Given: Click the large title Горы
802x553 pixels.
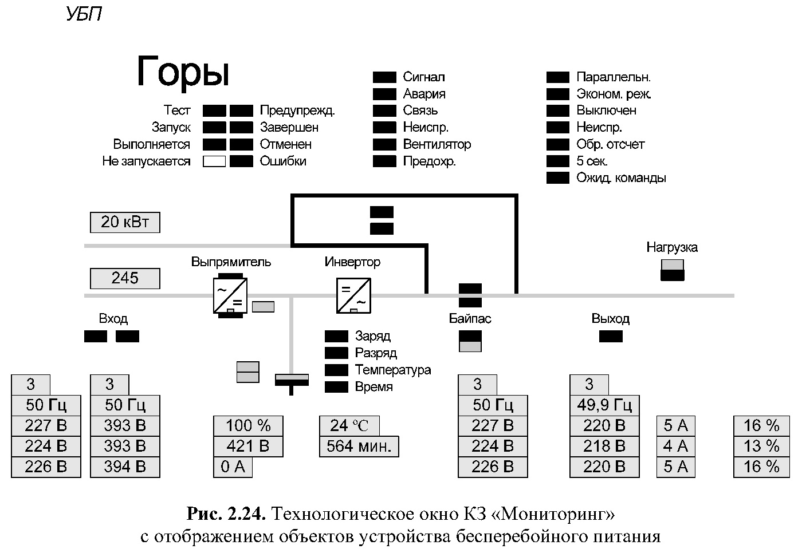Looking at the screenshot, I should click(x=183, y=72).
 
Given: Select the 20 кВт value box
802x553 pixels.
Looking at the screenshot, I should click(x=125, y=222).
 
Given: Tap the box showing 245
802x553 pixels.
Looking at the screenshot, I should click(x=125, y=279).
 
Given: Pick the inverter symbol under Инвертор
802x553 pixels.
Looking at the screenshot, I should click(x=353, y=295).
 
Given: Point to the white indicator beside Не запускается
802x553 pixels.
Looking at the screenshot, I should click(x=214, y=161).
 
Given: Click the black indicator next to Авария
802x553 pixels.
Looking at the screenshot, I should click(x=384, y=94).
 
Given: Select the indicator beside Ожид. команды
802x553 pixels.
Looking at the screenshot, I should click(x=557, y=178).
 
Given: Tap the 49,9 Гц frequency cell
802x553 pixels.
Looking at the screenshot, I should click(x=604, y=405).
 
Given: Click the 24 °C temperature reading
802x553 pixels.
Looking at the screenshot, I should click(x=349, y=426).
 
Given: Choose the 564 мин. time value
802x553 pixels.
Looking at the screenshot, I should click(x=359, y=447).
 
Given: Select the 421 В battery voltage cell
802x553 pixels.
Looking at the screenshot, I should click(x=248, y=447).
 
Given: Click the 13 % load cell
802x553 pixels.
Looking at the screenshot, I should click(x=761, y=447).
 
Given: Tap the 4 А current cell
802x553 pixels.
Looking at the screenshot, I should click(x=675, y=447).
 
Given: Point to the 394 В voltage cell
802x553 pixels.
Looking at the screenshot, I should click(x=125, y=467).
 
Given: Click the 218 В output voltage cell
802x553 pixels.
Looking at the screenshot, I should click(x=604, y=447).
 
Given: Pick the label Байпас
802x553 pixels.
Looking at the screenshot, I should click(x=470, y=319).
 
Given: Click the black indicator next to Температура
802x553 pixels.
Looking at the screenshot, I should click(x=336, y=370).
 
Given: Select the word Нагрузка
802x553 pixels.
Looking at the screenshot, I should click(x=672, y=247).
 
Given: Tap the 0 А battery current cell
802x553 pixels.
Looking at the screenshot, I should click(x=233, y=467).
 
